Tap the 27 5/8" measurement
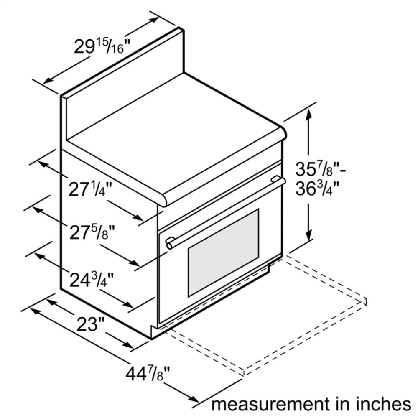tap(92, 232)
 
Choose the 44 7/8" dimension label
tap(148, 374)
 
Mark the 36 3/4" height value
tap(317, 189)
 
